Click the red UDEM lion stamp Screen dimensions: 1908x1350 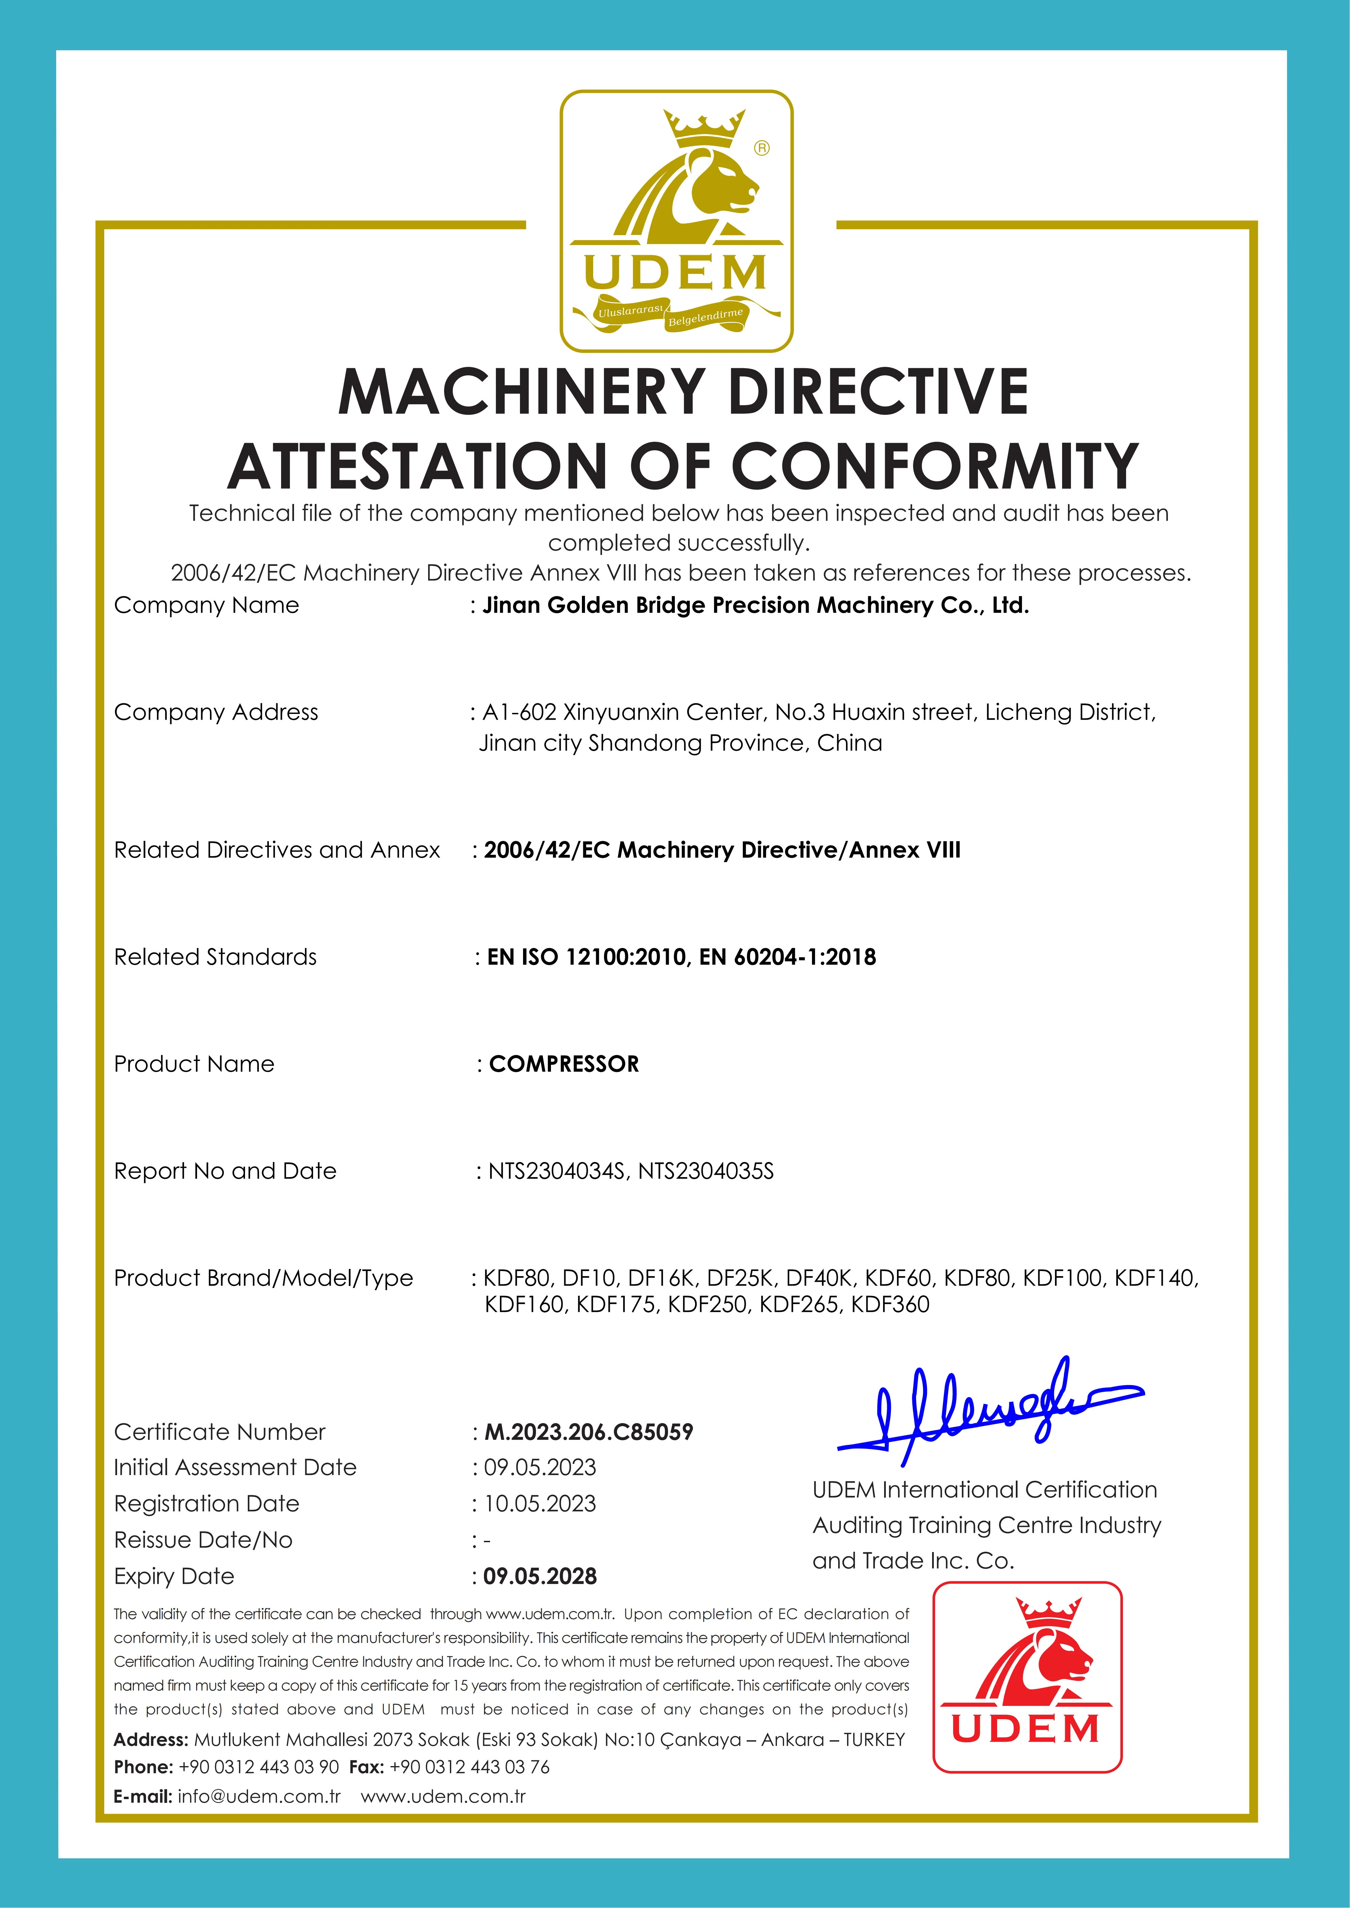coord(1027,1677)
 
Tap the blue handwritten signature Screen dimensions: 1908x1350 coord(989,1413)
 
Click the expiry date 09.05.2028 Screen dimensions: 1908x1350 coord(540,1577)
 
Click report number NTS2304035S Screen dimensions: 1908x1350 coord(706,1172)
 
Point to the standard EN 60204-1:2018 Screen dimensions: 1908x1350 coord(787,957)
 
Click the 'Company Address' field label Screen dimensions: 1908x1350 coord(216,713)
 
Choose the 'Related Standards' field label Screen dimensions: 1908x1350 coord(215,957)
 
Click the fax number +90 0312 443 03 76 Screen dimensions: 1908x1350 coord(470,1767)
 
